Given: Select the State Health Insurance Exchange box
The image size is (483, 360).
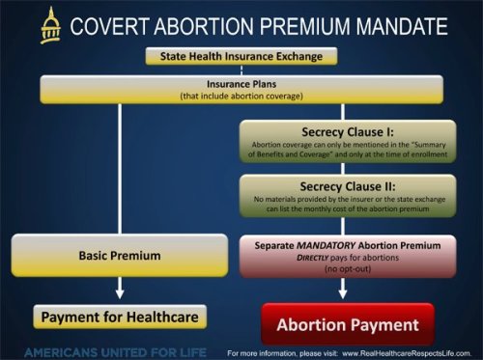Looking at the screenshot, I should click(x=241, y=57).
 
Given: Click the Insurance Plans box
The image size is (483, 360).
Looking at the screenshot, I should click(x=241, y=91).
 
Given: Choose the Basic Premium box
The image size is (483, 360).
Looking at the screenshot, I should click(x=118, y=255).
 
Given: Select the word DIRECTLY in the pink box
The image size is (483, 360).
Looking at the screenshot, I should click(x=324, y=262).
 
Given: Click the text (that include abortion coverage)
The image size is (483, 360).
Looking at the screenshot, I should click(x=241, y=96).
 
